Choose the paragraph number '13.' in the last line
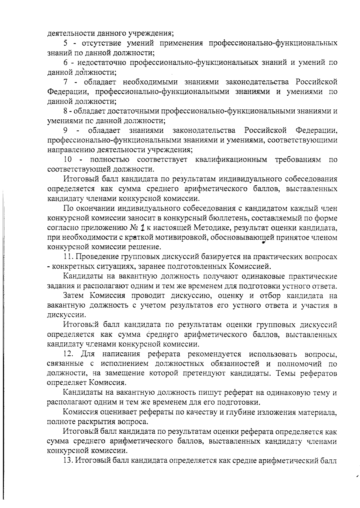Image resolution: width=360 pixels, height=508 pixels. coord(68,460)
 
